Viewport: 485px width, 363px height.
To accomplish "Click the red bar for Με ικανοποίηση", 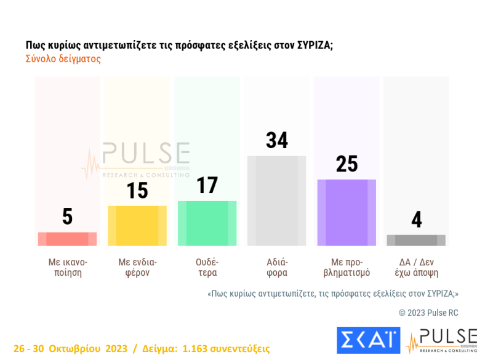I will [x=67, y=239].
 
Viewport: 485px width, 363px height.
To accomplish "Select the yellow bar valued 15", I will [x=137, y=225].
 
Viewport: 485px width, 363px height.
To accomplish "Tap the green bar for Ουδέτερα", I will [x=207, y=223].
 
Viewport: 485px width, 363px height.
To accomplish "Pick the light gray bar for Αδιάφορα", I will [x=276, y=201].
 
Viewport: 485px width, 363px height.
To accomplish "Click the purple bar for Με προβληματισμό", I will [x=346, y=213].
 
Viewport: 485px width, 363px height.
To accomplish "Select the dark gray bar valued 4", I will [x=416, y=240].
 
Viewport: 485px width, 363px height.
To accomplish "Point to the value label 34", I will [x=277, y=141].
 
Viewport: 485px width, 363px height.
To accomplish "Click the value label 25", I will [x=347, y=165].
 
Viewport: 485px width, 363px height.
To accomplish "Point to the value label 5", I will [x=67, y=217].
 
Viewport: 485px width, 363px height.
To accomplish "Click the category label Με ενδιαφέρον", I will [x=137, y=267].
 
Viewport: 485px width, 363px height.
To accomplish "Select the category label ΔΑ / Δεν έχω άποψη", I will [x=416, y=267].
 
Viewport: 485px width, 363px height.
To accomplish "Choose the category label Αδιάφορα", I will [x=276, y=267].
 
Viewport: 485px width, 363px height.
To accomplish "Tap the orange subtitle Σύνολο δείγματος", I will [x=63, y=60].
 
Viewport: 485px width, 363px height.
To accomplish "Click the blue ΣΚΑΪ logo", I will [x=368, y=340].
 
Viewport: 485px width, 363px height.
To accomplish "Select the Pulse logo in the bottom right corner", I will [x=441, y=340].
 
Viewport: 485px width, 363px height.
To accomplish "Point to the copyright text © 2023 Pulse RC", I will [x=428, y=313].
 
